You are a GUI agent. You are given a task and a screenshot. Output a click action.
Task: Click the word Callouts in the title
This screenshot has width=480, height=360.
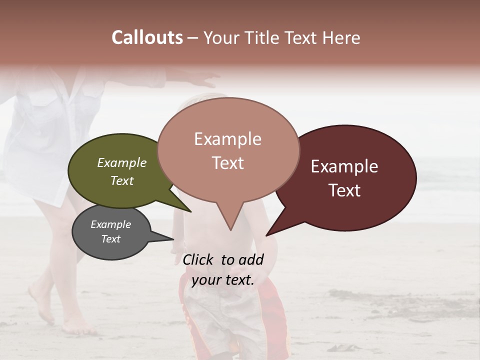(x=147, y=37)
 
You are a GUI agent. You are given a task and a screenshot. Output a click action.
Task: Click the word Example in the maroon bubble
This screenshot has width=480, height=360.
(x=344, y=166)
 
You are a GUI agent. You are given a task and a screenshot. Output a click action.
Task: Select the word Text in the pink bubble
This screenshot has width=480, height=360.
(x=228, y=163)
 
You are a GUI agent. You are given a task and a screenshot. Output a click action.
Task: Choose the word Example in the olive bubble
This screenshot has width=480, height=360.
(x=122, y=162)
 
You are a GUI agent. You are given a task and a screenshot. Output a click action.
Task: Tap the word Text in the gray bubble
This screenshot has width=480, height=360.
(x=111, y=239)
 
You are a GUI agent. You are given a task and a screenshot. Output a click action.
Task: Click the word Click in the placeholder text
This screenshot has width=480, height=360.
(x=199, y=259)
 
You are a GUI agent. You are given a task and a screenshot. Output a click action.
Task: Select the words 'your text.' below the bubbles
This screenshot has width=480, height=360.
(x=223, y=280)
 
